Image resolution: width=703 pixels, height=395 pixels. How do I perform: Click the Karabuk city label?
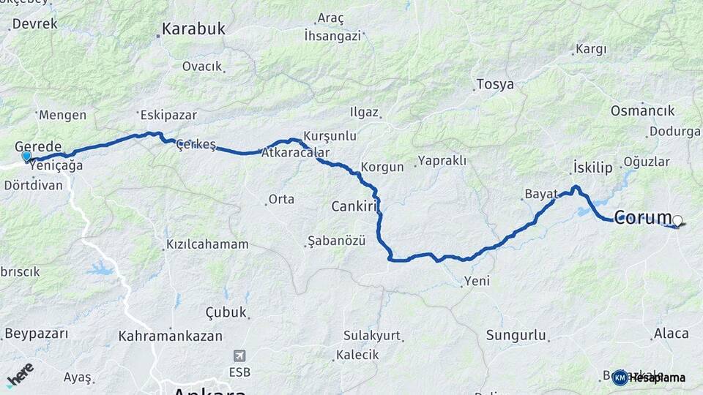tap(193, 29)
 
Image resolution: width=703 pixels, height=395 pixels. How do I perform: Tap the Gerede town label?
tap(38, 146)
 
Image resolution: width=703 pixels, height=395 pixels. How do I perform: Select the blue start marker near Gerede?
tap(27, 156)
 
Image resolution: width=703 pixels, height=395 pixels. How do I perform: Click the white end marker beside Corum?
tap(677, 220)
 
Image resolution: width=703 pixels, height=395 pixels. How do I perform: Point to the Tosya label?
tap(495, 84)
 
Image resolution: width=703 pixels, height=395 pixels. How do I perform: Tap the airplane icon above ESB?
tap(239, 356)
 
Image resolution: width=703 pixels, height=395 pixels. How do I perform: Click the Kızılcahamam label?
tap(207, 244)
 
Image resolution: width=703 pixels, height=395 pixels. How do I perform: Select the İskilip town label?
tap(592, 168)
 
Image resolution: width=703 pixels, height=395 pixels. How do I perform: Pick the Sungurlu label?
tap(516, 336)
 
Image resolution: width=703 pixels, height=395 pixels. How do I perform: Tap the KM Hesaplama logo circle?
tap(620, 377)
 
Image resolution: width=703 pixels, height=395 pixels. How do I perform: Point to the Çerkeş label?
tap(196, 145)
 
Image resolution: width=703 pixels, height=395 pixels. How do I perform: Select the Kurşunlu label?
tap(330, 136)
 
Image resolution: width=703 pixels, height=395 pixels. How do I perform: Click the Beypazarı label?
tap(36, 334)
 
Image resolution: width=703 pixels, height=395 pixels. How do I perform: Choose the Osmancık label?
tap(642, 110)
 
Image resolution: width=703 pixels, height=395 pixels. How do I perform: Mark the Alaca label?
tap(671, 334)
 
